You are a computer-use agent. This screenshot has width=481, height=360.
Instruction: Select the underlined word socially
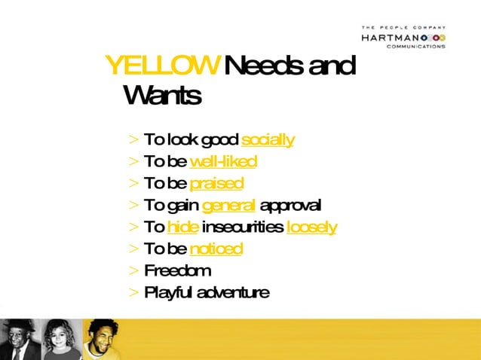click(x=268, y=139)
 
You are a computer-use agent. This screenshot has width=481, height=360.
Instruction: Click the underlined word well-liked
click(x=223, y=161)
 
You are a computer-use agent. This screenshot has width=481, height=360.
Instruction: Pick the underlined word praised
click(x=216, y=183)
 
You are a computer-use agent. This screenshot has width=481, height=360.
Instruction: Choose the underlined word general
click(x=229, y=205)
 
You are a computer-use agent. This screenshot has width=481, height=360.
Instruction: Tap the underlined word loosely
click(x=311, y=227)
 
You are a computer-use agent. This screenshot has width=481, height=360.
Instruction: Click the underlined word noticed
click(x=216, y=249)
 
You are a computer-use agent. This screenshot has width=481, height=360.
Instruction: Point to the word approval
click(x=290, y=205)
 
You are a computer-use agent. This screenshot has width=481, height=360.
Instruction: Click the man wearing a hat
click(x=18, y=339)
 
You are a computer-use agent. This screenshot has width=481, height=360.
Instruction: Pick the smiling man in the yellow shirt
click(x=100, y=339)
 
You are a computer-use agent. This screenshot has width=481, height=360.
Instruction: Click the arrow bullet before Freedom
click(x=133, y=270)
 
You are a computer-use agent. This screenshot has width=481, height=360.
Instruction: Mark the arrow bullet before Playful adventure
click(x=133, y=292)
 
